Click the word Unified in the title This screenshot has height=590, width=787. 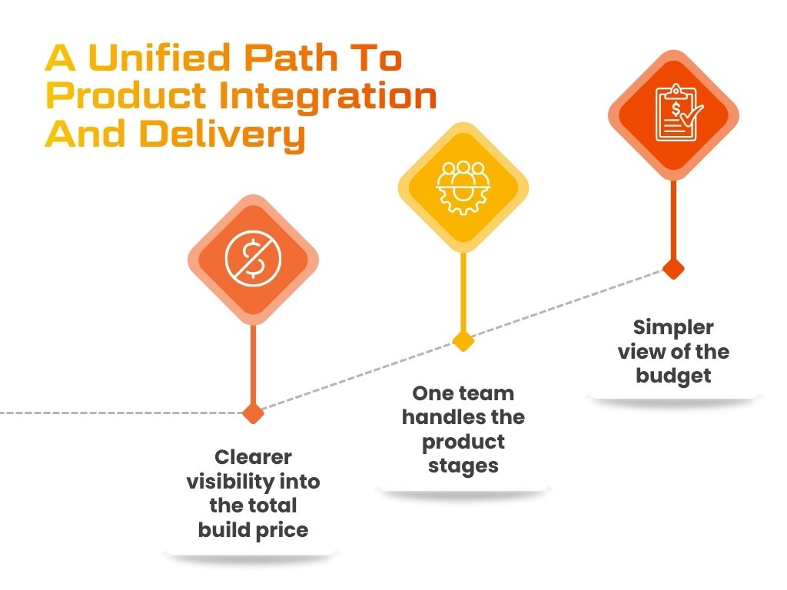[159, 58]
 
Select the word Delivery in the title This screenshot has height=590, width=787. [222, 135]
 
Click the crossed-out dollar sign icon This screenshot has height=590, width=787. [254, 259]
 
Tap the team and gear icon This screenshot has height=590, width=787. [463, 187]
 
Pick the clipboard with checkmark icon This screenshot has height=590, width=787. [677, 113]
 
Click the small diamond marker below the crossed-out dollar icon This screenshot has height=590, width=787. [253, 413]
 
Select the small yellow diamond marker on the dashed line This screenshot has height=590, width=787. [463, 342]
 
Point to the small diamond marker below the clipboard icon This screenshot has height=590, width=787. [673, 269]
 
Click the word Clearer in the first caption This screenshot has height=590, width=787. [253, 457]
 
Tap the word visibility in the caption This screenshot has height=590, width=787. [229, 482]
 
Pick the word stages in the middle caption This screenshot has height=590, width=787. [463, 466]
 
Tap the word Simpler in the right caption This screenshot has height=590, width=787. [673, 328]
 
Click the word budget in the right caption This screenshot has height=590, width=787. [673, 376]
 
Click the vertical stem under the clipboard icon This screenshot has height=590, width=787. [673, 220]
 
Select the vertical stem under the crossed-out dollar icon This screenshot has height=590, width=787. [253, 364]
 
